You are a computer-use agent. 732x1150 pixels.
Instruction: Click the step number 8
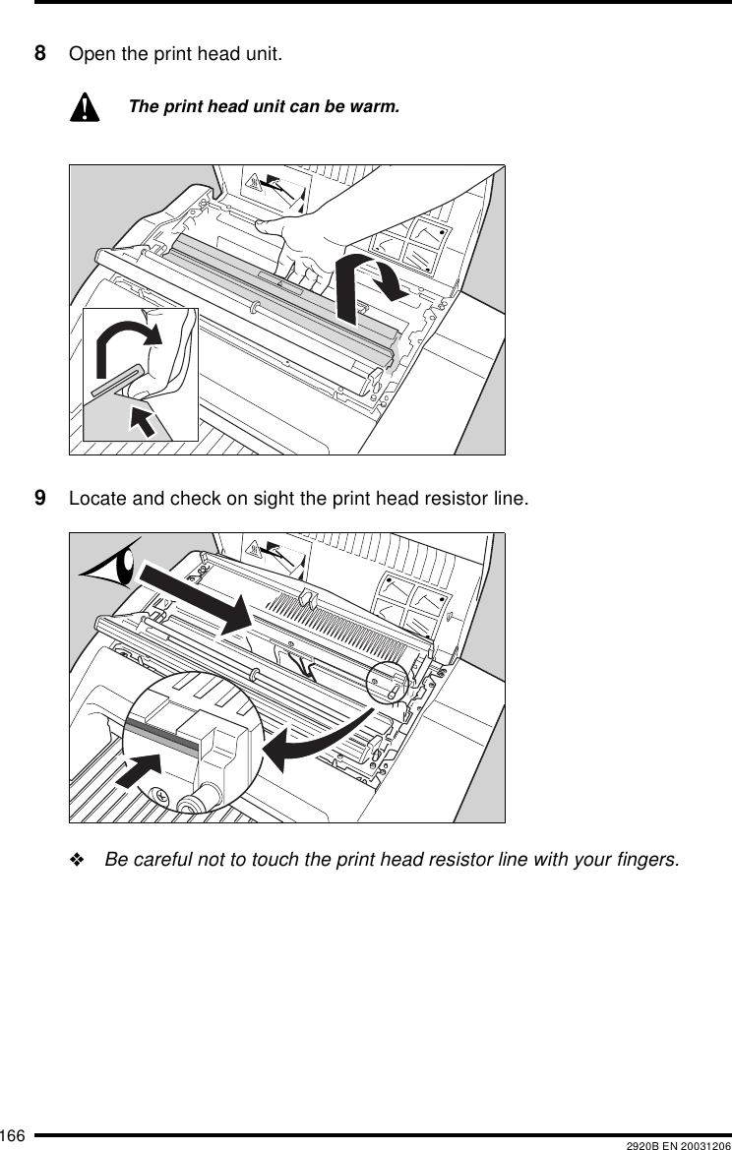click(x=40, y=52)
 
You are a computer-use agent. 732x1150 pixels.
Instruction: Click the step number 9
click(x=40, y=499)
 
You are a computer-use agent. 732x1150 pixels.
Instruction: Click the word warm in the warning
click(x=380, y=105)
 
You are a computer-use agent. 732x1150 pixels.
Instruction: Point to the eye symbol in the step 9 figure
click(x=114, y=568)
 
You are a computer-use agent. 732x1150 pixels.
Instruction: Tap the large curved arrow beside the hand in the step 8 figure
click(x=369, y=281)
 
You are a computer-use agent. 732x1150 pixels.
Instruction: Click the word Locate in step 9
click(x=94, y=499)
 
